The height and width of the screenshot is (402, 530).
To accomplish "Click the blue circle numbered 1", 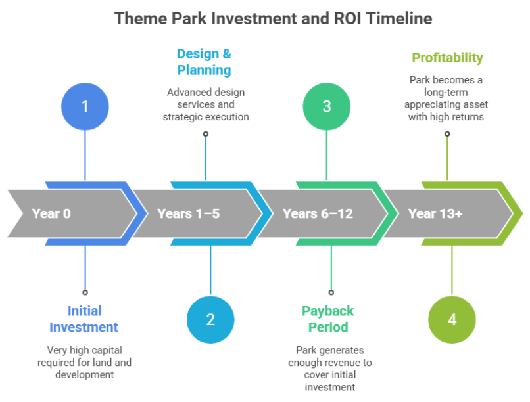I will click(85, 106).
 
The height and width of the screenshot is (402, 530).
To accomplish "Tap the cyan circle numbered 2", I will click(210, 320).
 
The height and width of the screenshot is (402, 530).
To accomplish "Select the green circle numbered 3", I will click(326, 106).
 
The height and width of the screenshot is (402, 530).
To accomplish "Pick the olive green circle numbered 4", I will click(452, 320).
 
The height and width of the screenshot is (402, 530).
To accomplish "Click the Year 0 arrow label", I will click(51, 213).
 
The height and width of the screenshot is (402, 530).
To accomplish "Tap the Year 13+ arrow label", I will click(435, 213).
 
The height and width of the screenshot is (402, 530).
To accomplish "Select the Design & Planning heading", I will click(205, 62).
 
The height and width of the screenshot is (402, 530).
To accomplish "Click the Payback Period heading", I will click(327, 319).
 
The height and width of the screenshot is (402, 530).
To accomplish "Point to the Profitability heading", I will click(447, 58).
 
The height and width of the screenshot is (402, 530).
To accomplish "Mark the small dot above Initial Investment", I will click(85, 292).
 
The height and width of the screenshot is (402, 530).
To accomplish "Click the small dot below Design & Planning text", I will click(206, 133).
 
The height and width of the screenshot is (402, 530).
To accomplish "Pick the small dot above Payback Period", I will click(331, 292).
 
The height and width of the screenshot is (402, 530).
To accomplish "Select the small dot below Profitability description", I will click(447, 133).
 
